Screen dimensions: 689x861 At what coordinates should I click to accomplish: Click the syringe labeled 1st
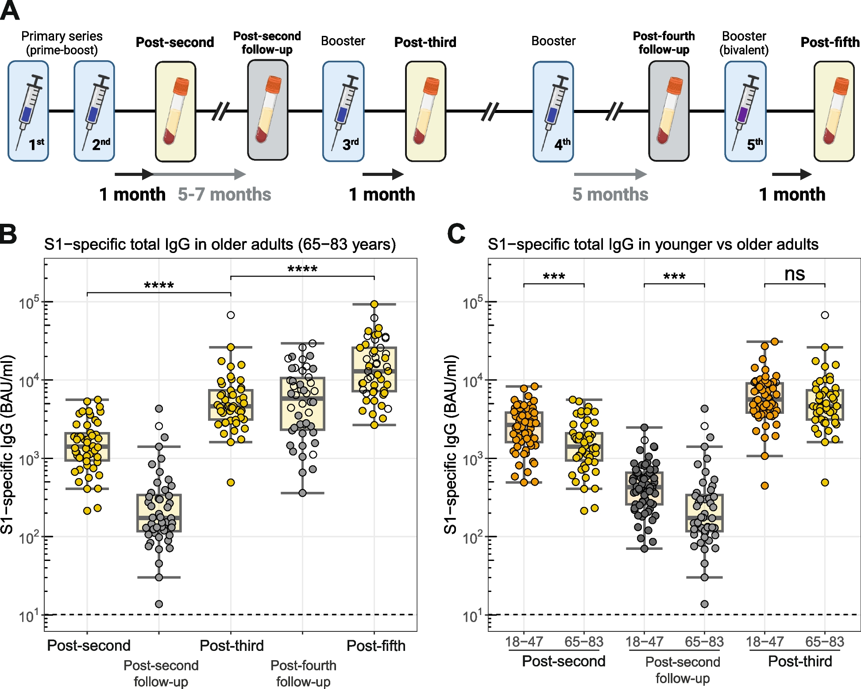[28, 111]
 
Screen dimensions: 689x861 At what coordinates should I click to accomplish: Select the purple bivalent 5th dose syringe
[745, 111]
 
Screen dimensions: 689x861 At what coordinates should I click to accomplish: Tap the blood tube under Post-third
[425, 111]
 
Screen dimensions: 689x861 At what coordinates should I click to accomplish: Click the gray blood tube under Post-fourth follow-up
[668, 111]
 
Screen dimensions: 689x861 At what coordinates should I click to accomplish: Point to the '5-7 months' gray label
[224, 195]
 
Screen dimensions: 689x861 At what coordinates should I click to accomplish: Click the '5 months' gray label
[610, 195]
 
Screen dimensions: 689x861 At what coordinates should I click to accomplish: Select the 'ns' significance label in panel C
[794, 274]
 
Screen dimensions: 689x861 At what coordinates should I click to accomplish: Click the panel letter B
[9, 234]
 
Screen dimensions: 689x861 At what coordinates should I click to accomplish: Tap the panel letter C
[456, 234]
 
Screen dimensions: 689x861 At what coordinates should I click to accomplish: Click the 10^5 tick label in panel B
[29, 303]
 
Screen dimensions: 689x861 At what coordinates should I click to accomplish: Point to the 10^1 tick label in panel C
[473, 616]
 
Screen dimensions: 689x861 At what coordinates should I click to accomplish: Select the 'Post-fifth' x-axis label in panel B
[376, 646]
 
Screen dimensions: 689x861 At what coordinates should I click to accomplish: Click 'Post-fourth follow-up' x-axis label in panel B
[303, 673]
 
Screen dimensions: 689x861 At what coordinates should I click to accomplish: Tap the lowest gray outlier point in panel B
[159, 604]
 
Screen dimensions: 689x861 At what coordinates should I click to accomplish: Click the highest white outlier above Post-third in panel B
[231, 315]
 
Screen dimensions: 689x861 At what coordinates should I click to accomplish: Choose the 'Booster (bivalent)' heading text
[744, 43]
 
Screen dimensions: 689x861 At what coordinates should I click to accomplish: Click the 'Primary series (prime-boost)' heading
[62, 43]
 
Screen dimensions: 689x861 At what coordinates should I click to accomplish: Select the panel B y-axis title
[8, 444]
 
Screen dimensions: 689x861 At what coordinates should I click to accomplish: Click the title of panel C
[653, 244]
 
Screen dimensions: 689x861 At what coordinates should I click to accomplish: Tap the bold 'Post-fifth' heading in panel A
[830, 42]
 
